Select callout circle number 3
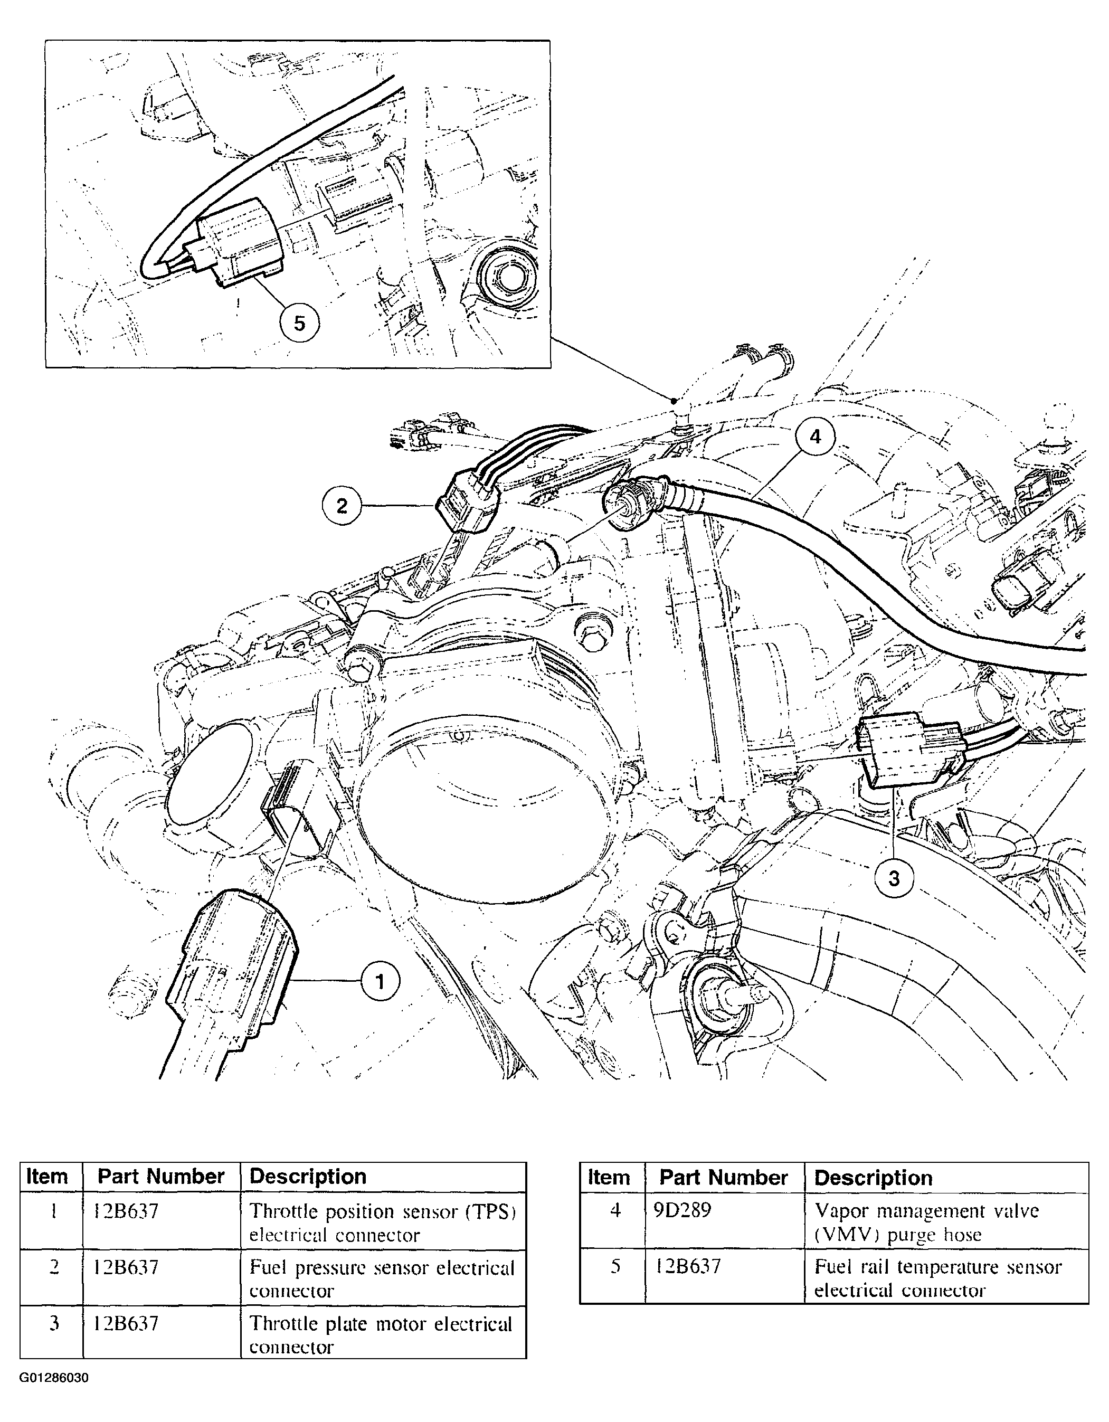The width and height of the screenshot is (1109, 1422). click(894, 878)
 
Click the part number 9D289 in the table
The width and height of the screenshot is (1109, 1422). click(682, 1210)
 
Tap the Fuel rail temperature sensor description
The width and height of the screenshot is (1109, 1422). click(938, 1278)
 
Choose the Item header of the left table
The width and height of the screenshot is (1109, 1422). click(48, 1177)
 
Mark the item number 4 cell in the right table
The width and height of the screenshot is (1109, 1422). click(615, 1210)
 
